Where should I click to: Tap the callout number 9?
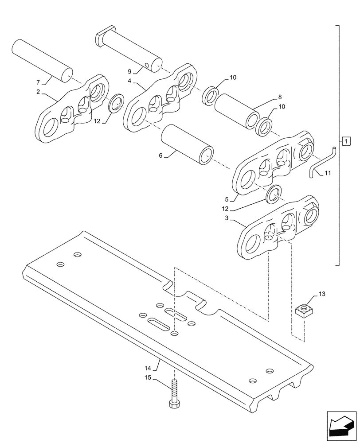pyautogui.click(x=129, y=71)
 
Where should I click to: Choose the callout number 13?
pyautogui.click(x=321, y=293)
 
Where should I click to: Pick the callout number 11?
pyautogui.click(x=327, y=173)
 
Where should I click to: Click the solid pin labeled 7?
pyautogui.click(x=43, y=60)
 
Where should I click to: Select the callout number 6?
pyautogui.click(x=161, y=155)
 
